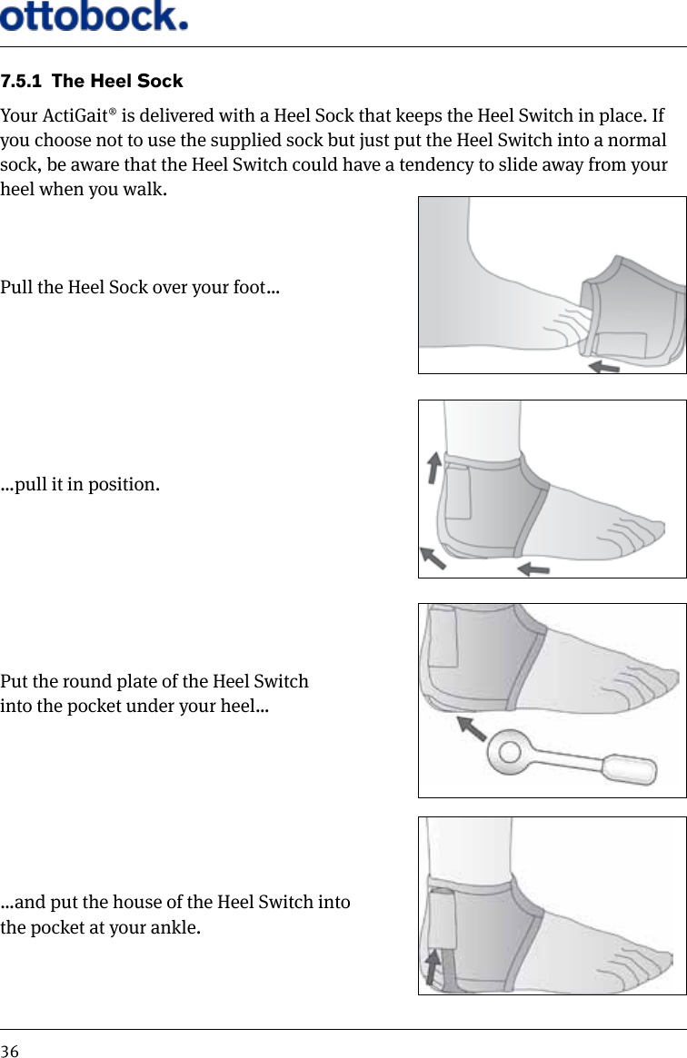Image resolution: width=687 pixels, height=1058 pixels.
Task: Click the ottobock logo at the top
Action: coord(95,15)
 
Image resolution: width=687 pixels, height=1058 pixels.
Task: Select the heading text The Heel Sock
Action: coord(117,82)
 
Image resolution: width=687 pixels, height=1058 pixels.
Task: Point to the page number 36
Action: coord(10,1051)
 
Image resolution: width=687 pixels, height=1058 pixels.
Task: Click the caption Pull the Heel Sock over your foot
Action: coord(140,289)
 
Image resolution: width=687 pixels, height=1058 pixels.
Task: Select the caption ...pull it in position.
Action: coord(81,483)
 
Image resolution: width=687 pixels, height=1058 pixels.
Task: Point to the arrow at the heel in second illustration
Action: coord(433,557)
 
